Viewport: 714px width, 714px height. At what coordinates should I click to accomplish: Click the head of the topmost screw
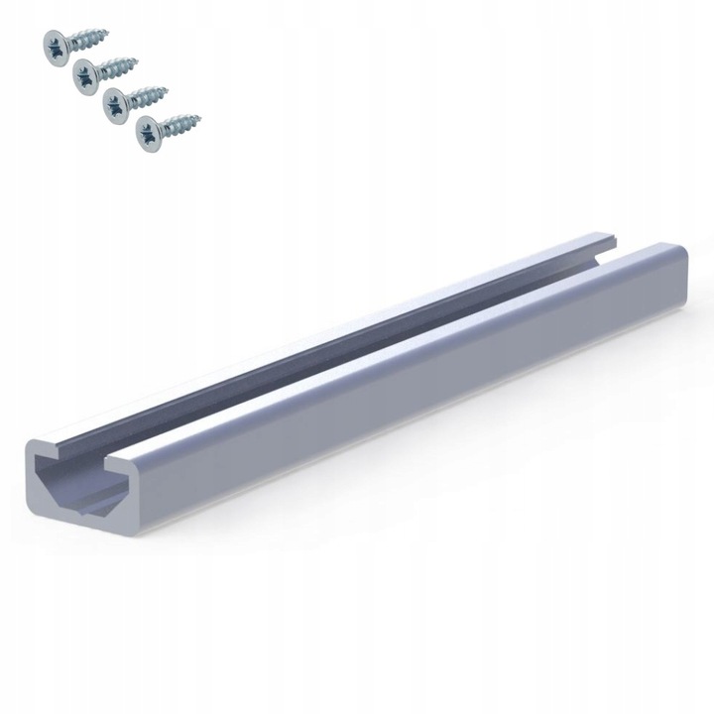pos(55,44)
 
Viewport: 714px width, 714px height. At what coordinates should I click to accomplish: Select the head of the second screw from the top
pos(85,72)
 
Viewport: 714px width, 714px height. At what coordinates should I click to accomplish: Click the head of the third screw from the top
pos(115,100)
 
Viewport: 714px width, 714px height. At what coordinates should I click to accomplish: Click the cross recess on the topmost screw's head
pos(55,44)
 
